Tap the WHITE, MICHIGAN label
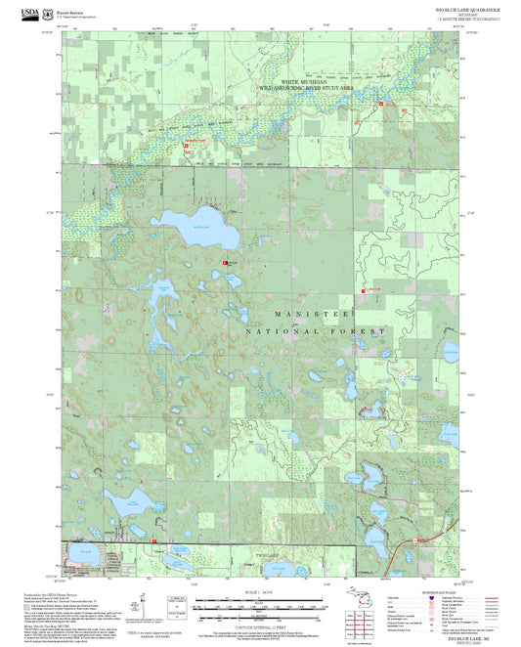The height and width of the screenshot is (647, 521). click(x=302, y=82)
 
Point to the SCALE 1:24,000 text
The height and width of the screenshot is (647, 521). click(x=259, y=592)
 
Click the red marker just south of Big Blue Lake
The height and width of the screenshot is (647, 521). click(x=226, y=263)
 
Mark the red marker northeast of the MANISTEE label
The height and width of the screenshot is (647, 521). click(x=365, y=290)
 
